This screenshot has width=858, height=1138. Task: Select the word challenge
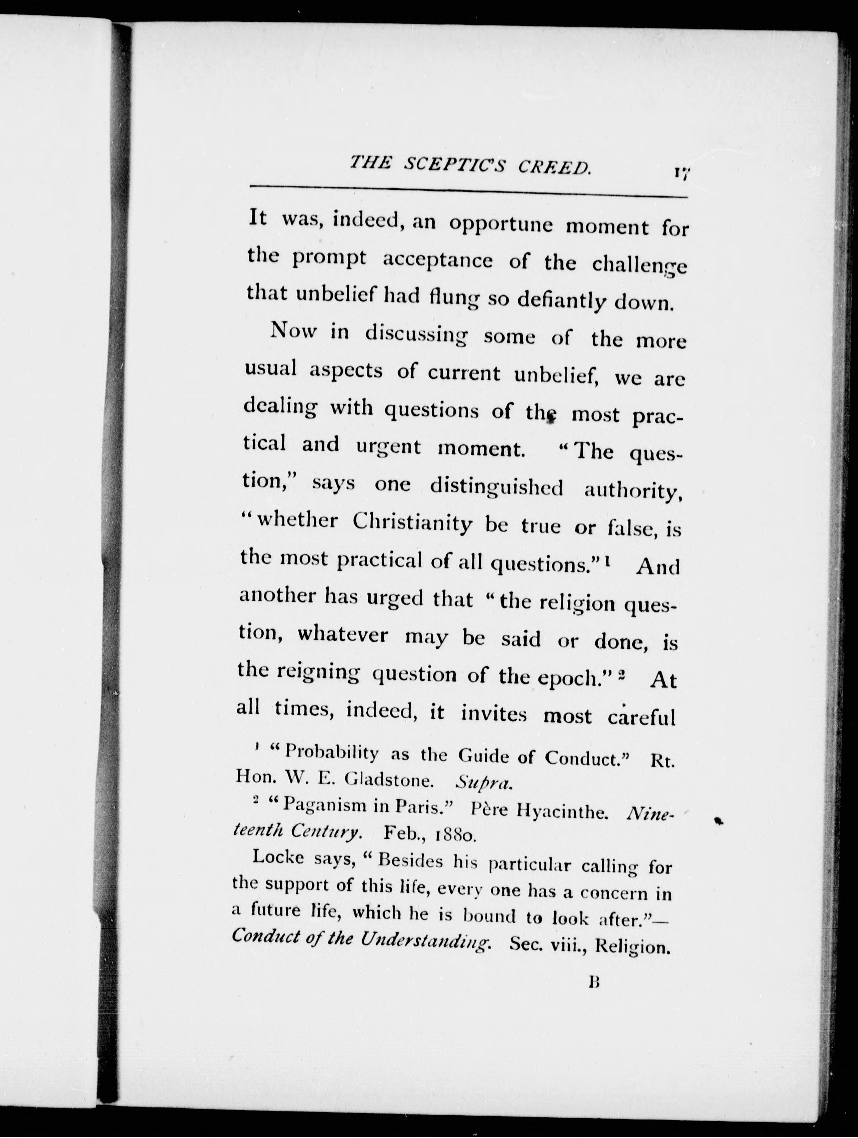[639, 266]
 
